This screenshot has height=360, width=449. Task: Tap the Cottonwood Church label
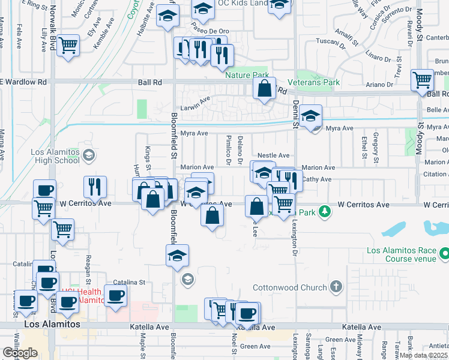tap(290, 287)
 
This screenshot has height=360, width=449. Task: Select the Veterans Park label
tap(313, 82)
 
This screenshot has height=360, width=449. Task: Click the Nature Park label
tap(247, 75)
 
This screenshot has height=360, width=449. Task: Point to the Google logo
tap(20, 353)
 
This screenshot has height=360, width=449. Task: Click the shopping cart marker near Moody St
tap(423, 80)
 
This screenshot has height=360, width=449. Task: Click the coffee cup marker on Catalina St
tap(116, 296)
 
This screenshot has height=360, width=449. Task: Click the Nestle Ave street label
tap(274, 155)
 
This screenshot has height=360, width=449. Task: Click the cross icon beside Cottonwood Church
tap(336, 287)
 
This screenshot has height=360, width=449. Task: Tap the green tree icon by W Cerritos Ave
tap(324, 211)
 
